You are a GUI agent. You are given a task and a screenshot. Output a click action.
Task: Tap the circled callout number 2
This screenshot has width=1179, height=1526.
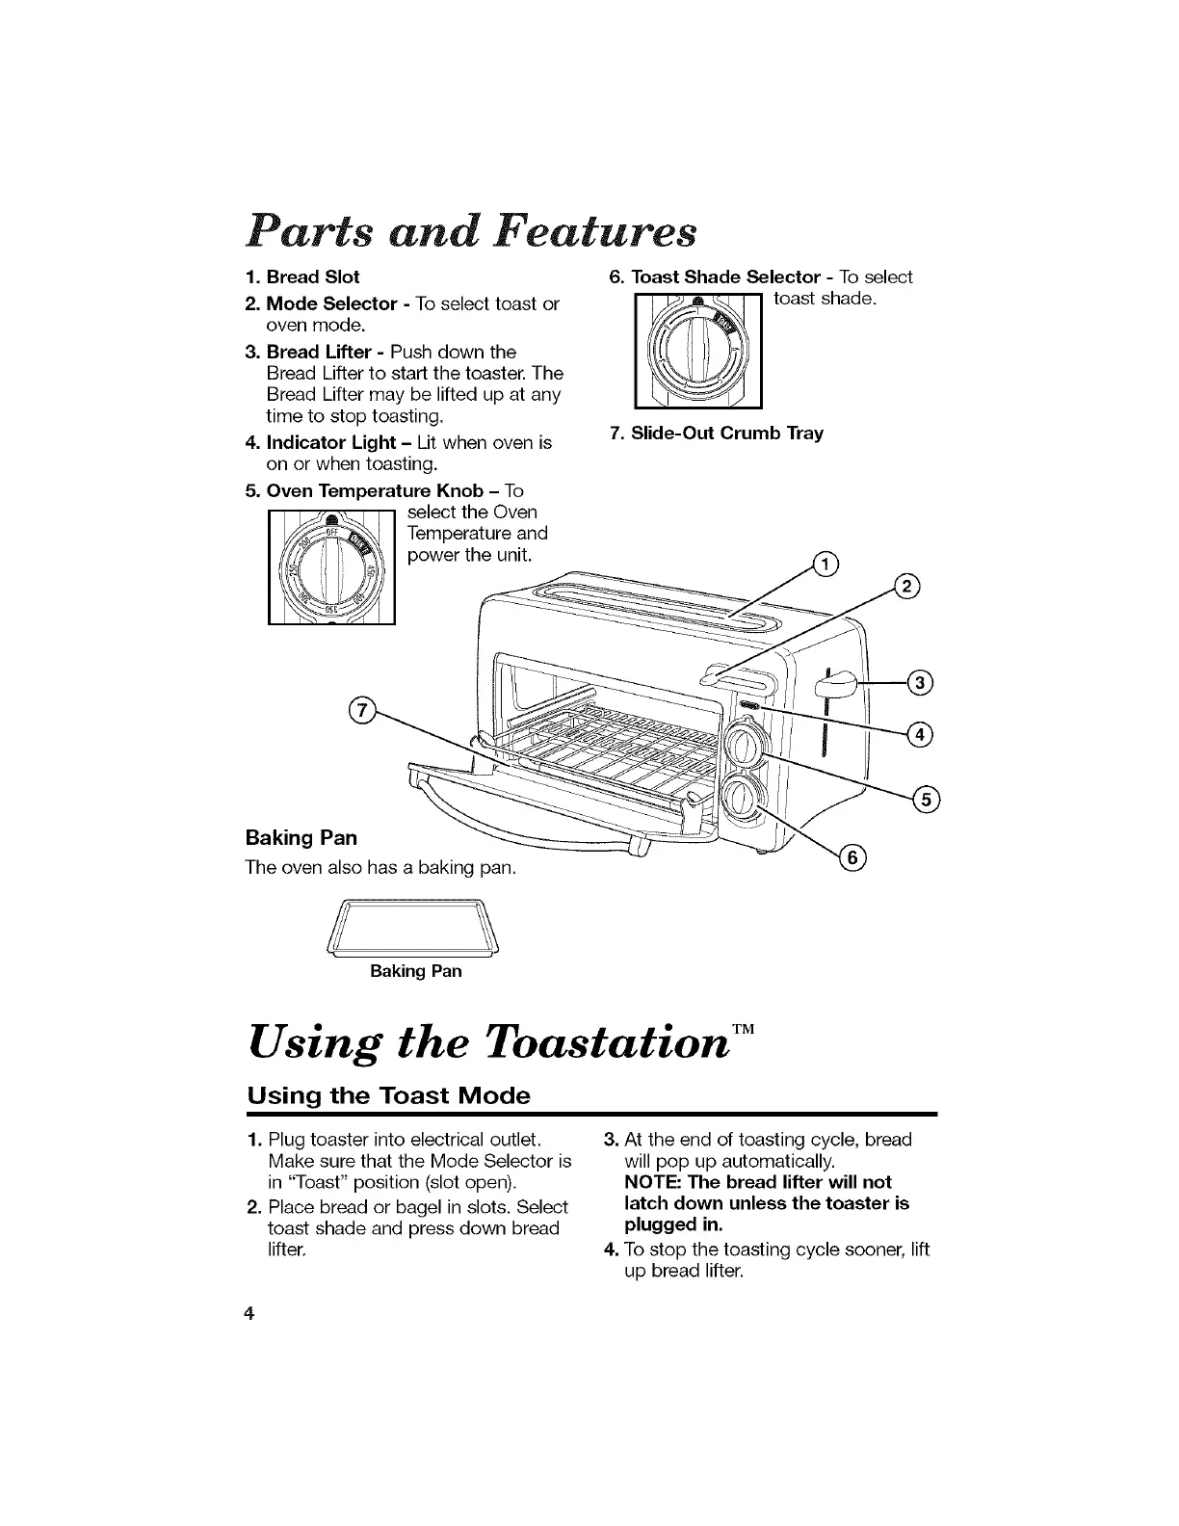(906, 587)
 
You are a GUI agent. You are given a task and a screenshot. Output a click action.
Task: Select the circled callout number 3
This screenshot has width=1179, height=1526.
(920, 683)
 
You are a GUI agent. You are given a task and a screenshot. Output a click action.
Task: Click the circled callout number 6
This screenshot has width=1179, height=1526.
(854, 858)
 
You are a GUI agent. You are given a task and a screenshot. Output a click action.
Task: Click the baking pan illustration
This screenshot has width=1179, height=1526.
(416, 929)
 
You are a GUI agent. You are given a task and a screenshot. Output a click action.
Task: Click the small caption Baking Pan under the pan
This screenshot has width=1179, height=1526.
(416, 971)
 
